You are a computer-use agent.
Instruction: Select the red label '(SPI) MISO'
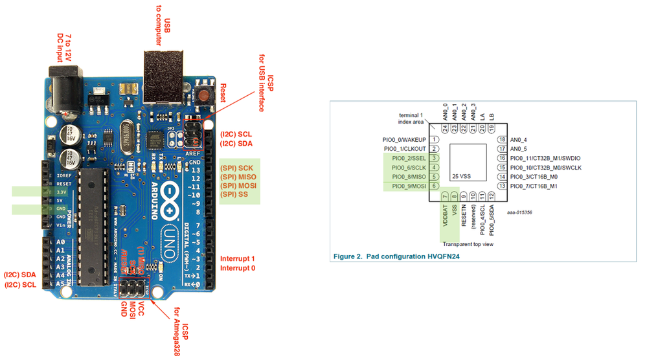tap(238, 176)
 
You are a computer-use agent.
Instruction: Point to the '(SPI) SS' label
tap(234, 194)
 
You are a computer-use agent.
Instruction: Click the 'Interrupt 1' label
tap(238, 259)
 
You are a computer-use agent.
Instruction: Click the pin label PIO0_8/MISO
tap(409, 177)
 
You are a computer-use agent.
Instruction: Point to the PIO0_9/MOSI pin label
tap(409, 186)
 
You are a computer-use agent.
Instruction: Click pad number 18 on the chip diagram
tap(501, 139)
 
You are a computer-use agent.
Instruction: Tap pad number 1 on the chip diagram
tap(435, 139)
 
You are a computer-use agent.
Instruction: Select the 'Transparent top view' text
tap(468, 245)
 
